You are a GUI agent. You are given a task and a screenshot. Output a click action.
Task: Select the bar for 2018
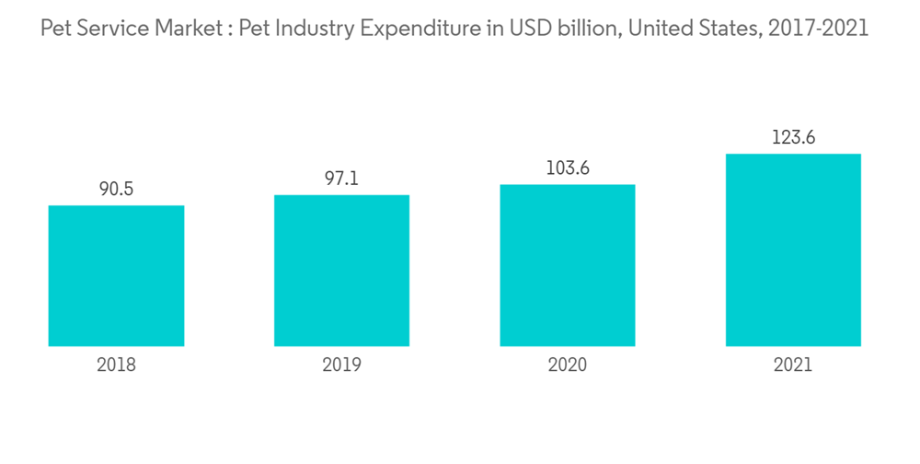(x=116, y=276)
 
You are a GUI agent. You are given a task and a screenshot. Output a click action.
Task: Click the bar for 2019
(x=341, y=271)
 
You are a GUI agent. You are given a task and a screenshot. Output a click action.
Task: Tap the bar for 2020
(x=568, y=265)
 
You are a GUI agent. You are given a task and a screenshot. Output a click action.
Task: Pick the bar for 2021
(x=793, y=249)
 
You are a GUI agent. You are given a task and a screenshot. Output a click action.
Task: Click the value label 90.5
(x=116, y=190)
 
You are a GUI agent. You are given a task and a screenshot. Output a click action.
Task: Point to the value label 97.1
(x=341, y=179)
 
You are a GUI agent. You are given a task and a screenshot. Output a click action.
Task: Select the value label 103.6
(x=568, y=168)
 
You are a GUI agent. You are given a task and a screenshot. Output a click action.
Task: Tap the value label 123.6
(x=793, y=138)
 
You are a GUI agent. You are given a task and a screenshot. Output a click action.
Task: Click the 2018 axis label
(x=116, y=365)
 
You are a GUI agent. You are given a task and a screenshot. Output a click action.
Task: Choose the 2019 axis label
(x=341, y=365)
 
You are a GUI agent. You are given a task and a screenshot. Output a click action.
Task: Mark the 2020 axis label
(x=568, y=365)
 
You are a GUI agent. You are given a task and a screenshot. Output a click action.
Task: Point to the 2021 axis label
(x=793, y=365)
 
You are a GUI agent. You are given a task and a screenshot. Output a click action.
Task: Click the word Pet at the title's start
(x=56, y=29)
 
